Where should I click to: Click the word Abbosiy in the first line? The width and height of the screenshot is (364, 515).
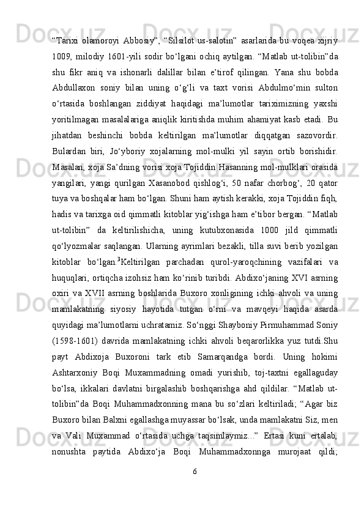pos(140,41)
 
